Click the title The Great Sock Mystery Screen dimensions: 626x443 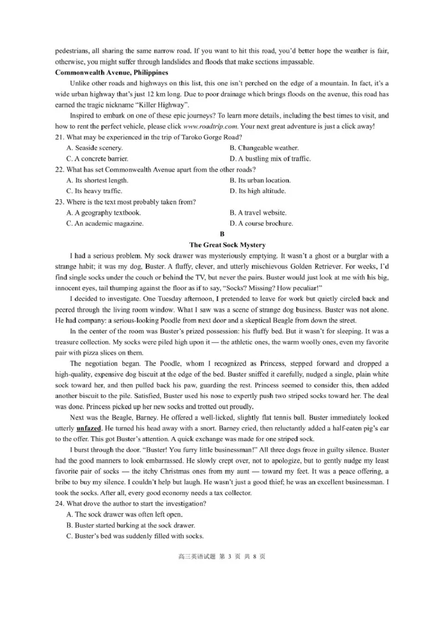click(x=227, y=245)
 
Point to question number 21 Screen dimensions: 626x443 click(x=60, y=137)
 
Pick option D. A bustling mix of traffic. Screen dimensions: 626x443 click(x=270, y=159)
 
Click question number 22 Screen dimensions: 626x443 click(x=60, y=169)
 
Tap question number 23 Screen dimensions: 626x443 click(x=60, y=202)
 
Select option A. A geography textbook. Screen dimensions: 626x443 click(x=103, y=212)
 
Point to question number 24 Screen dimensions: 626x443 click(x=60, y=503)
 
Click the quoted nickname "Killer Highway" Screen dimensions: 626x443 click(x=163, y=105)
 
